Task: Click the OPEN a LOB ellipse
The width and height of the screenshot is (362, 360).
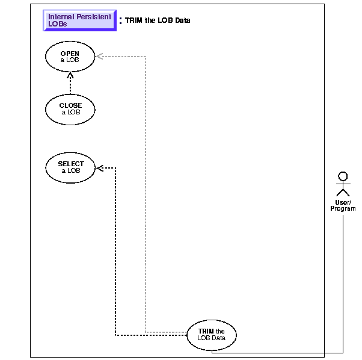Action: pos(70,57)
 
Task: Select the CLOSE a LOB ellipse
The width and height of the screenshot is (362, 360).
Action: pos(70,109)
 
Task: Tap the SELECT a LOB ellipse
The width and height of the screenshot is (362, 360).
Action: pos(70,167)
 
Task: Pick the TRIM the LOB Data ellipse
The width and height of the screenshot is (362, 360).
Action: pos(211,334)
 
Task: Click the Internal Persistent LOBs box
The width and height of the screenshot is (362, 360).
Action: pos(79,20)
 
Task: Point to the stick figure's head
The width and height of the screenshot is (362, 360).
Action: pos(343,176)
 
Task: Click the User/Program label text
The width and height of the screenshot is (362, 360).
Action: pos(343,205)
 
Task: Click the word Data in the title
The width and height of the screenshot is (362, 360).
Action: pos(183,20)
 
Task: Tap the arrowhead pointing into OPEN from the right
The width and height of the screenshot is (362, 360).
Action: pos(99,57)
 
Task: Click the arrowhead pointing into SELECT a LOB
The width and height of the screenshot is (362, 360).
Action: pos(100,167)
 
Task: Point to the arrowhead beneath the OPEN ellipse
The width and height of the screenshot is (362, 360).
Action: pos(70,75)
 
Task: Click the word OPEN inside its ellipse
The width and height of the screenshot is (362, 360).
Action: pos(70,54)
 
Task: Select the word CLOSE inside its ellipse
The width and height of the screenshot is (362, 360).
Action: pos(70,106)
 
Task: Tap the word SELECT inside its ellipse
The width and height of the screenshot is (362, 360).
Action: pos(70,164)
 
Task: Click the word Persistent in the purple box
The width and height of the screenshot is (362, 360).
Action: pos(94,17)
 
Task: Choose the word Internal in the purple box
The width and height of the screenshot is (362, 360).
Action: pos(61,17)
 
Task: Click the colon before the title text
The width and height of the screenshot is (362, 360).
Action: pos(120,20)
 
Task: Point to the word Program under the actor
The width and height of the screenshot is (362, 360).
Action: pos(343,209)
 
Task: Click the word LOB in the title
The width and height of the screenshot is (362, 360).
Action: pos(165,20)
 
